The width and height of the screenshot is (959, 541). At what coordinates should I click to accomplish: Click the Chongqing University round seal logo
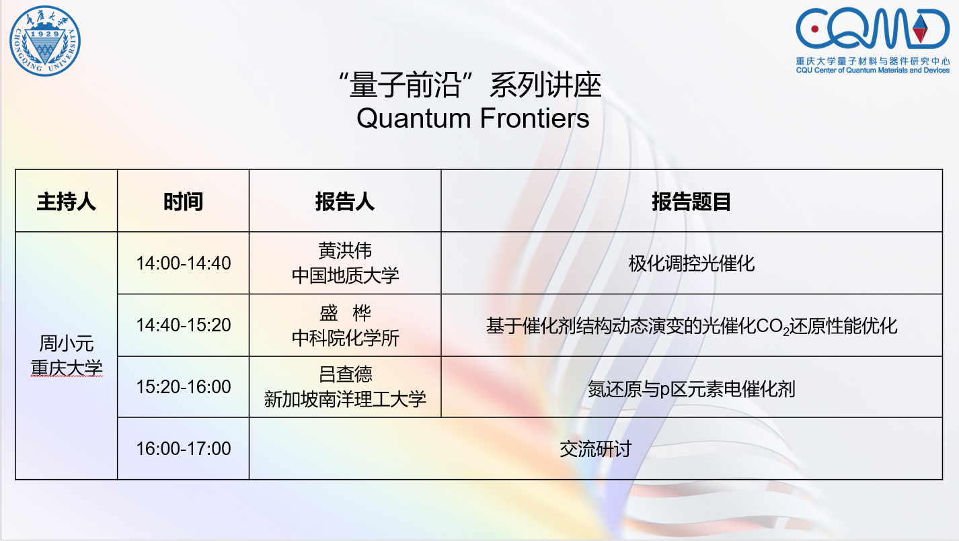[x=45, y=41]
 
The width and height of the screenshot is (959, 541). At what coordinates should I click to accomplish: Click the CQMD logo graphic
[x=872, y=28]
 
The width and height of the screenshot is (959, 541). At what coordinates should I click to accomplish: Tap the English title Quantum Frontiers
[x=473, y=118]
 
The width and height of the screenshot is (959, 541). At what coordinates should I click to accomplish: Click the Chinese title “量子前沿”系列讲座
[x=470, y=85]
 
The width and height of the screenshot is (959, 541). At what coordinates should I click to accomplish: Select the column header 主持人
[x=67, y=202]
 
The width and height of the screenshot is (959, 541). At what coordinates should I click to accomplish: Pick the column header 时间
[x=183, y=202]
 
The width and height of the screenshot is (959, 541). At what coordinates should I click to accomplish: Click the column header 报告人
[x=345, y=202]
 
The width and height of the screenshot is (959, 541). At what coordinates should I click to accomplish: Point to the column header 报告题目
[x=691, y=202]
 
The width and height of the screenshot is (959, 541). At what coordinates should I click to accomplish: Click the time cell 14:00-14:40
[x=184, y=263]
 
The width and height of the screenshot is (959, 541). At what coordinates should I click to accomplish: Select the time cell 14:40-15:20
[x=184, y=325]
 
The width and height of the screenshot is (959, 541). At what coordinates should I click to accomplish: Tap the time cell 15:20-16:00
[x=184, y=386]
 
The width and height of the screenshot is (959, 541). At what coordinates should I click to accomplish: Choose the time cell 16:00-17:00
[x=184, y=449]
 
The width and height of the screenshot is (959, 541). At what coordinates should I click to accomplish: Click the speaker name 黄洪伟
[x=345, y=251]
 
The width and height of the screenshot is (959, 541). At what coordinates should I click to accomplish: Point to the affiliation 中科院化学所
[x=345, y=338]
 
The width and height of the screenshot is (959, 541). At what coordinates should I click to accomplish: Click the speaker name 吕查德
[x=345, y=374]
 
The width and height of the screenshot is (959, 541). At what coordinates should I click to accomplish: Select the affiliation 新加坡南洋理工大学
[x=345, y=399]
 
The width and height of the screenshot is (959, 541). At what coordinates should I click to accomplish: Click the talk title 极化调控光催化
[x=691, y=263]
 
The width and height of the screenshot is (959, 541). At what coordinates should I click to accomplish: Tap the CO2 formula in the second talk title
[x=773, y=327]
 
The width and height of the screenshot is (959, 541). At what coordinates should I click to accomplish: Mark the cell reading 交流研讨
[x=596, y=449]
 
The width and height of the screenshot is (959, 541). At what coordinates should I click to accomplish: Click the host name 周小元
[x=67, y=343]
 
